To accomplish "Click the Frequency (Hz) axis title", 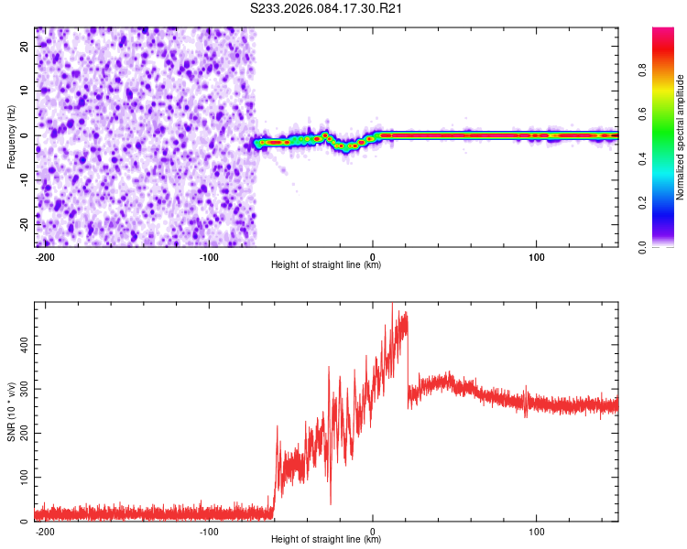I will (x=11, y=137).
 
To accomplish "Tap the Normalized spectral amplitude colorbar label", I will (x=681, y=137).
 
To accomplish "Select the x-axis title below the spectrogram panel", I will (x=326, y=265).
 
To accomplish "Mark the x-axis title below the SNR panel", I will (x=326, y=540).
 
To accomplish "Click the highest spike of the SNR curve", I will (x=393, y=305).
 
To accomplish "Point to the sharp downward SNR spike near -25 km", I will (x=331, y=502).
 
